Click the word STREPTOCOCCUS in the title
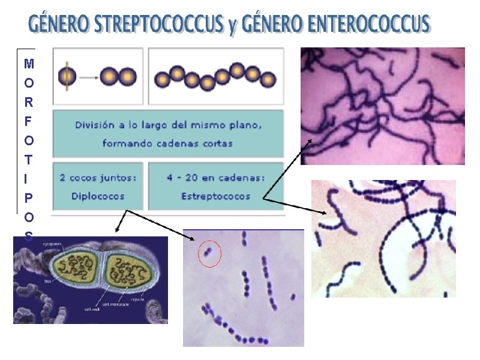(x=158, y=25)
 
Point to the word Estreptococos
(x=216, y=196)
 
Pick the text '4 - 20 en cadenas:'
(x=216, y=178)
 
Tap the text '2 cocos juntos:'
(x=98, y=178)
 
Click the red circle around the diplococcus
(x=209, y=256)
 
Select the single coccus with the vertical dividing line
(x=67, y=76)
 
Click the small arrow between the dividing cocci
(x=88, y=77)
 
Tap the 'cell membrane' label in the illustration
(x=115, y=305)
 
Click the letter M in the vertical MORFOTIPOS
(x=29, y=63)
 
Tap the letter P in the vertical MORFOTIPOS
(x=29, y=197)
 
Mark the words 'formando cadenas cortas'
(x=167, y=143)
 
